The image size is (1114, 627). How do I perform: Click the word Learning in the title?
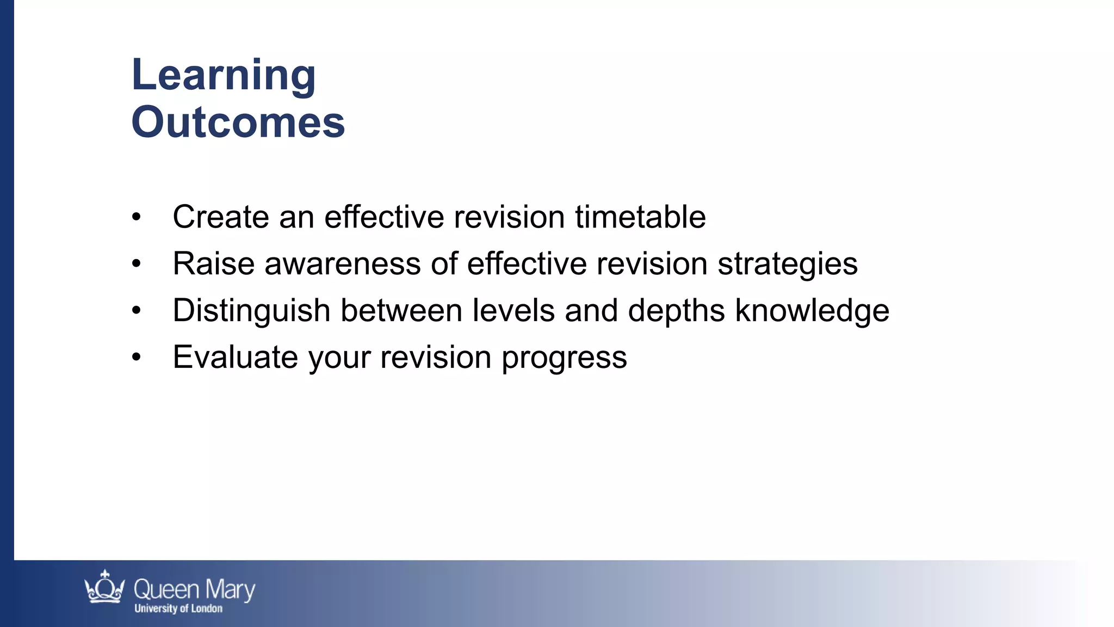(x=223, y=75)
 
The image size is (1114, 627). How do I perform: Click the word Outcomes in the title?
(x=238, y=122)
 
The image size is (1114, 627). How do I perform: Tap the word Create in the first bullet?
(x=220, y=217)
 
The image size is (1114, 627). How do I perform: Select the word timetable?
(x=640, y=217)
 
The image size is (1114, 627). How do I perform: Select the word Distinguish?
(x=251, y=311)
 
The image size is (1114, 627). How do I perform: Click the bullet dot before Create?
(x=137, y=217)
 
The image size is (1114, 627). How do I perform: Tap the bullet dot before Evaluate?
(x=137, y=358)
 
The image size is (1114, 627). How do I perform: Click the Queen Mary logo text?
(x=194, y=590)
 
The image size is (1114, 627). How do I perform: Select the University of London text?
(x=178, y=608)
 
